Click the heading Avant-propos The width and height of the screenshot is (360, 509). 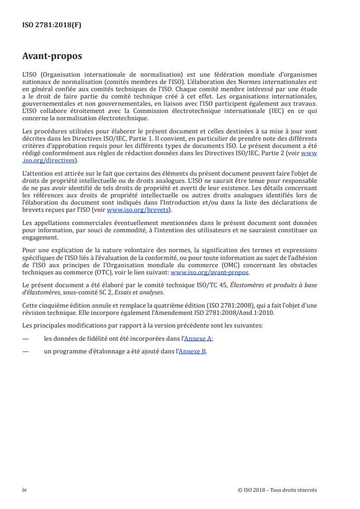pyautogui.click(x=52, y=56)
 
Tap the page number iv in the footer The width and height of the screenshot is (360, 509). pyautogui.click(x=25, y=489)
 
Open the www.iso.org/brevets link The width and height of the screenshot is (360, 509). pyautogui.click(x=137, y=210)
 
